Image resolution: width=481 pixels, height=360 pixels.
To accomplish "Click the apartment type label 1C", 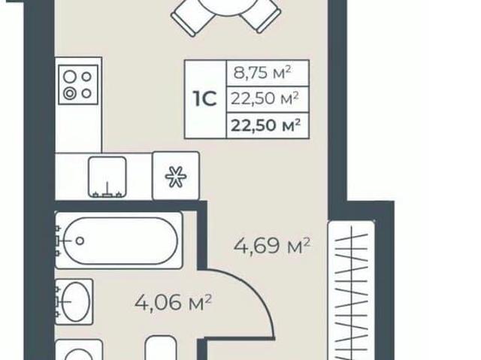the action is [x=205, y=98].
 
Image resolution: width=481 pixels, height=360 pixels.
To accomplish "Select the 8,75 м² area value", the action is [x=262, y=74].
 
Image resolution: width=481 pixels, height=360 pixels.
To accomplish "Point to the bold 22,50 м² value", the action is [x=265, y=125].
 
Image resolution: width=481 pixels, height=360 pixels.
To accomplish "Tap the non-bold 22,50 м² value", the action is [x=265, y=98].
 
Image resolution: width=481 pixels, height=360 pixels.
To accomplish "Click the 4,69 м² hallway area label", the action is [x=272, y=246].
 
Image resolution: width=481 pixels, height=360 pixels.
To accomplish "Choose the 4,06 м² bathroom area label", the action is [x=173, y=303].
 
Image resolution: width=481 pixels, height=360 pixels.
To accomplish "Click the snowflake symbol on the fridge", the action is [x=176, y=177].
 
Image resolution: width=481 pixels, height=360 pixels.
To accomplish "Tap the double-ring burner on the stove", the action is [x=70, y=93].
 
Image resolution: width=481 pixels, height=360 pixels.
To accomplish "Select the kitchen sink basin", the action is [x=107, y=177].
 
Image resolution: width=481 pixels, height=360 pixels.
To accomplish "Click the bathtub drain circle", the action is [x=80, y=241].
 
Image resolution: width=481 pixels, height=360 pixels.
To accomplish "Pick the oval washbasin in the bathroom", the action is [x=76, y=301].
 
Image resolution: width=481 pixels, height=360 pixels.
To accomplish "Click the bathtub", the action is [x=119, y=241].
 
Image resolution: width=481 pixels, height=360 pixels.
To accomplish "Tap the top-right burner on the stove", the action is [x=87, y=77].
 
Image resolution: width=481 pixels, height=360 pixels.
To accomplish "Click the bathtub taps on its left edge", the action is [x=57, y=241].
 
